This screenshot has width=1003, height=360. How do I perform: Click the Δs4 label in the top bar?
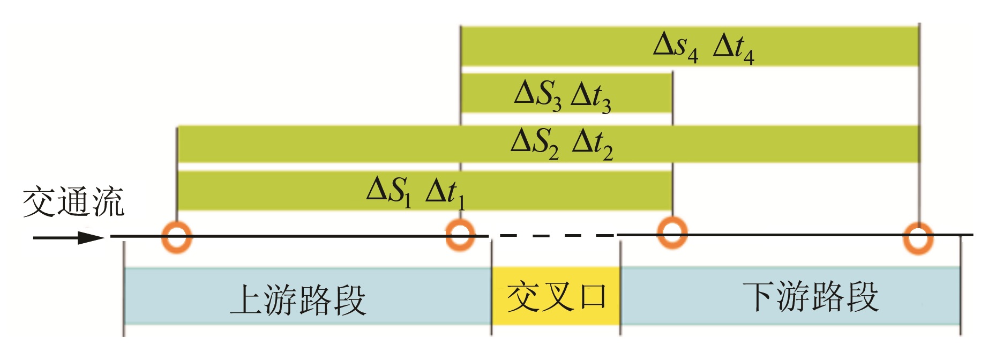tap(676, 46)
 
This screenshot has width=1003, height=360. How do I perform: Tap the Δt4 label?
tap(733, 48)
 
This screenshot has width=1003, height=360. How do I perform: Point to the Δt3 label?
tap(591, 96)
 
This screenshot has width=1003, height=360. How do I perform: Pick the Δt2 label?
tap(592, 144)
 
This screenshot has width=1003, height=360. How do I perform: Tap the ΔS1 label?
tap(389, 191)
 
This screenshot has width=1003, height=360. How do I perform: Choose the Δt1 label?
tap(445, 192)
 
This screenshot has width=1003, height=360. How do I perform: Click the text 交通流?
tap(73, 202)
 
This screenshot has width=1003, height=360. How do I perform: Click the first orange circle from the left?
tap(177, 236)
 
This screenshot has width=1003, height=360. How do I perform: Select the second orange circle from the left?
tap(460, 235)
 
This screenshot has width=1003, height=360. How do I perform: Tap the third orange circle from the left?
tap(672, 232)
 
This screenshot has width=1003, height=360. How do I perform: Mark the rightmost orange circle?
tap(918, 237)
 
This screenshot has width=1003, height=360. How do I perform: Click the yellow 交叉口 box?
tap(556, 296)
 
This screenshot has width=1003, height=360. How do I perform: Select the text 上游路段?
tap(298, 300)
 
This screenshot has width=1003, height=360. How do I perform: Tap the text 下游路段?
tap(810, 296)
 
